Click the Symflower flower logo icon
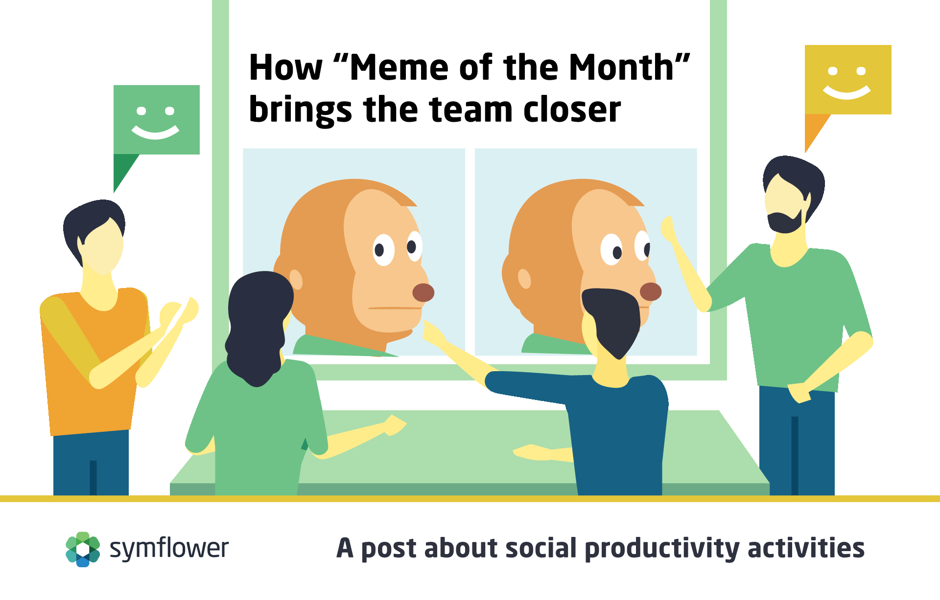(83, 549)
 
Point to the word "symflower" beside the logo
(169, 549)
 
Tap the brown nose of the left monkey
(423, 292)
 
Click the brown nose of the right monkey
(651, 291)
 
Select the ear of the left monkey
(296, 279)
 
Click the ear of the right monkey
(524, 279)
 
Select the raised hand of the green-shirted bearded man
(668, 228)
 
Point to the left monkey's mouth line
(395, 308)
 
